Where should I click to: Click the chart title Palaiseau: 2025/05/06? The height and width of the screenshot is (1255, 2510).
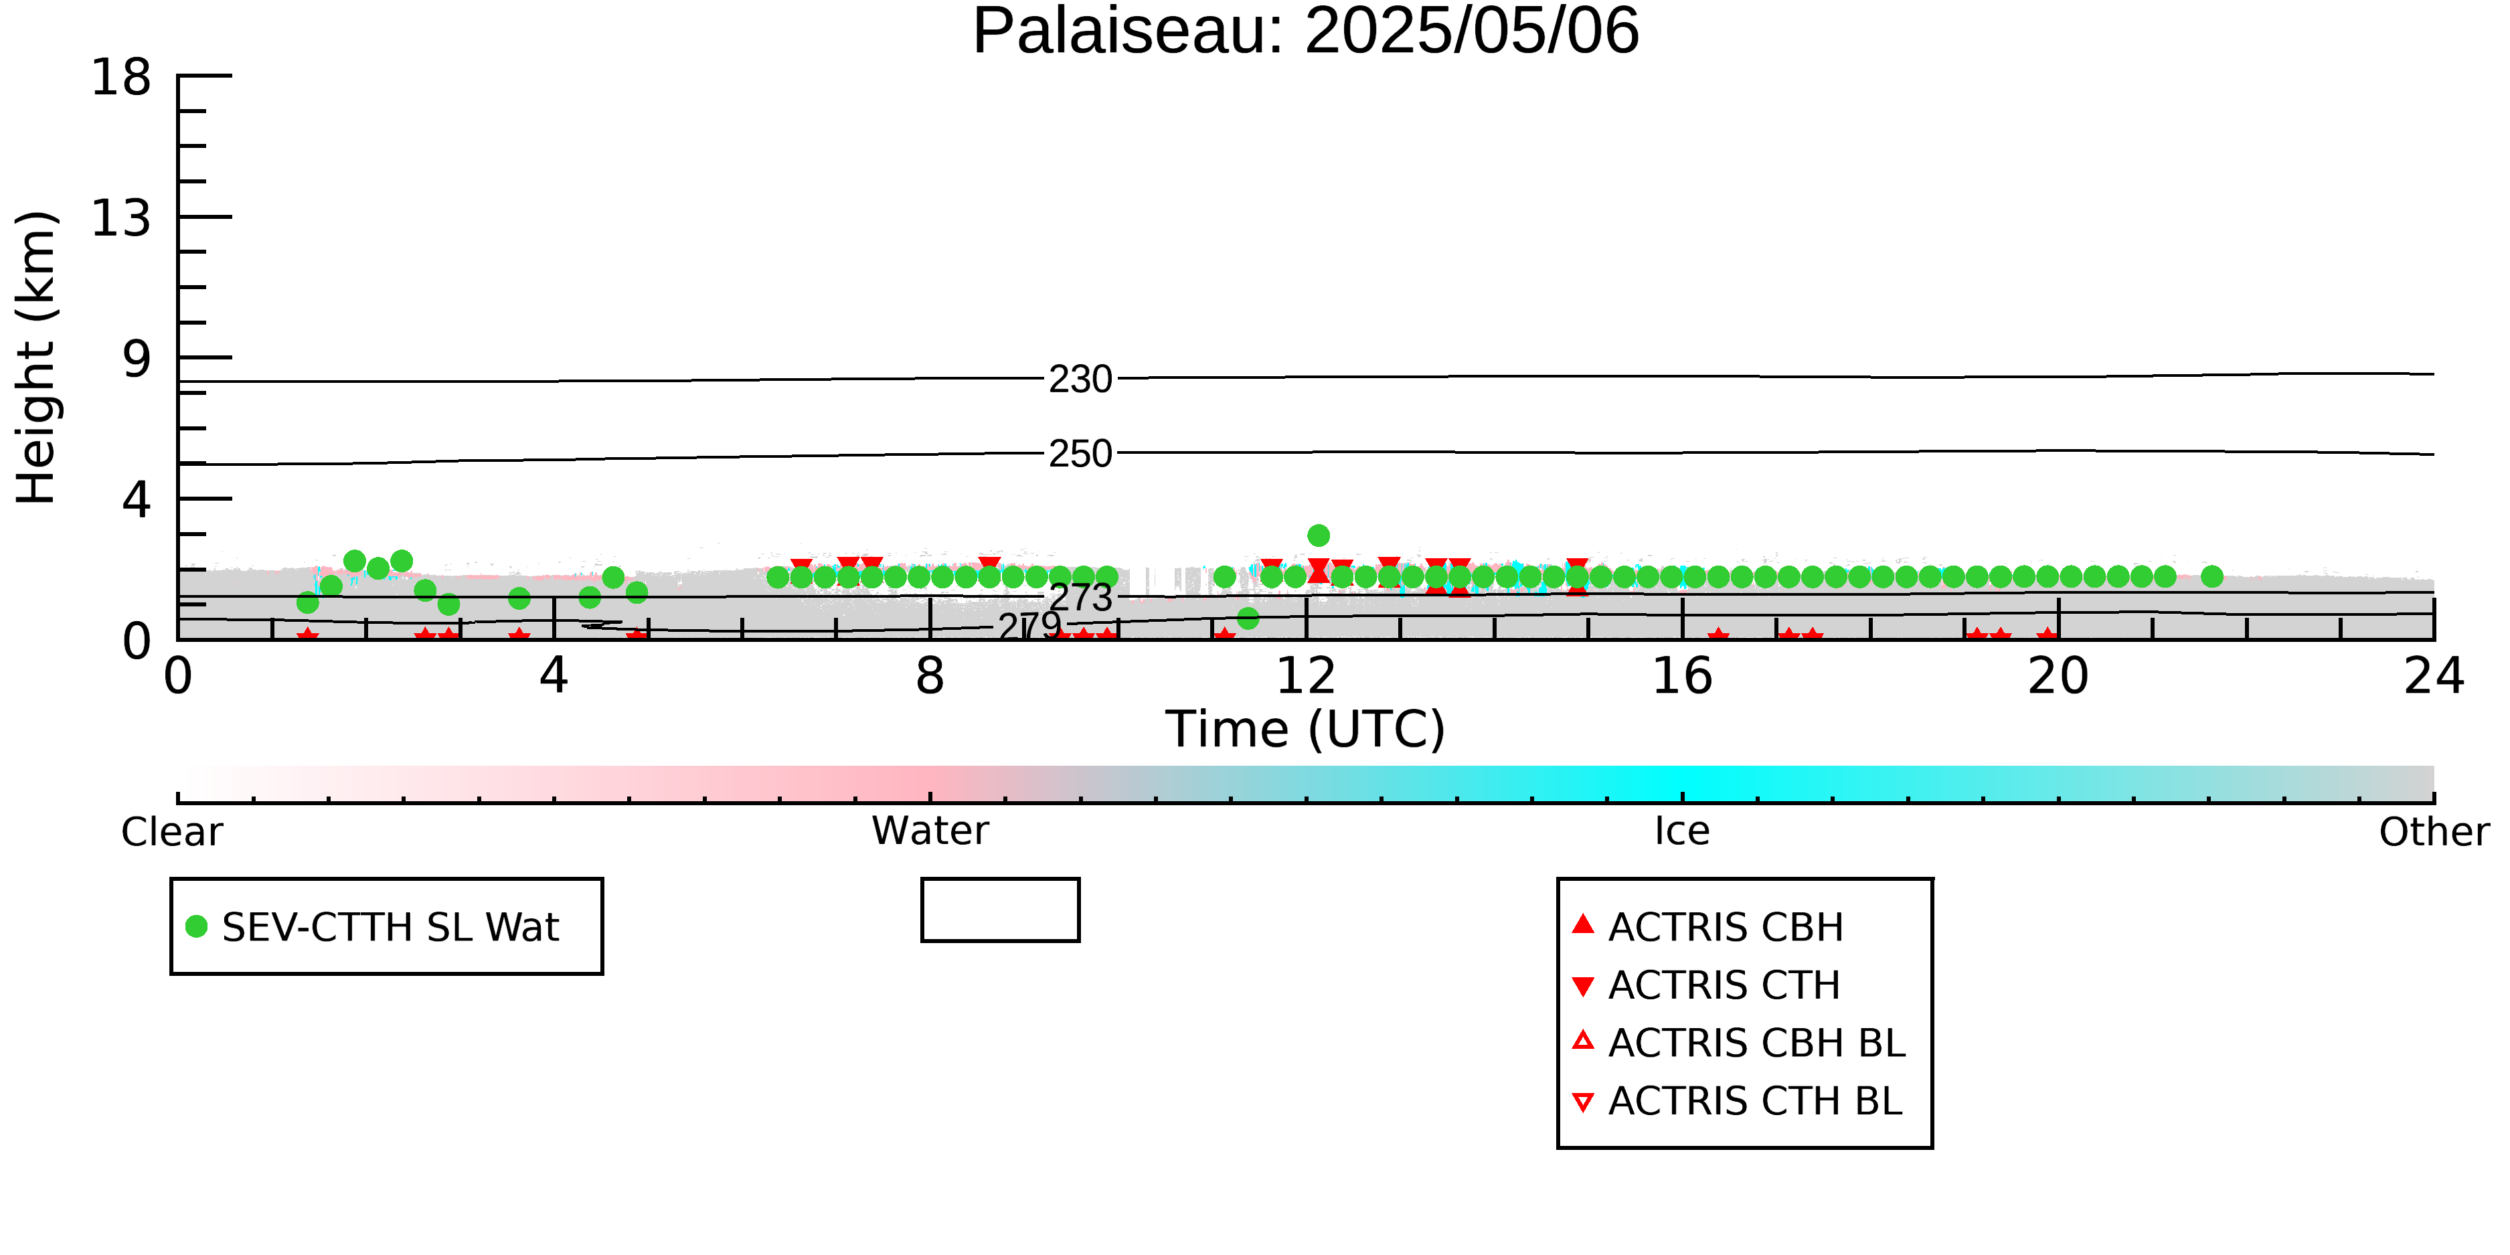click(x=1306, y=31)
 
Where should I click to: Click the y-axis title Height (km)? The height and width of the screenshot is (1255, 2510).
click(x=36, y=357)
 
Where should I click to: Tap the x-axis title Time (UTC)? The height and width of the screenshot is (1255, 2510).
click(x=1306, y=729)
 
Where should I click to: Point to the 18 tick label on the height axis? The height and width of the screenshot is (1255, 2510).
click(x=122, y=77)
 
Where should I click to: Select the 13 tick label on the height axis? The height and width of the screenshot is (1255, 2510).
click(x=122, y=218)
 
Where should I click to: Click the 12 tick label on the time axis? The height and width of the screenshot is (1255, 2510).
click(x=1306, y=676)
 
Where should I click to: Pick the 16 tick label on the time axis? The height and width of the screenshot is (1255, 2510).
click(x=1682, y=676)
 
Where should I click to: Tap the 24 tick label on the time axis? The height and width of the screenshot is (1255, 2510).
click(x=2434, y=676)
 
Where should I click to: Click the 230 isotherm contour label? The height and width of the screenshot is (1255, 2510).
click(x=1080, y=379)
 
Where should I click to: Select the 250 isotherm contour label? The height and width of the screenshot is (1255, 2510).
click(x=1080, y=454)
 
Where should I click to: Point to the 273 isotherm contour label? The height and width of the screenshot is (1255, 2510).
click(x=1080, y=597)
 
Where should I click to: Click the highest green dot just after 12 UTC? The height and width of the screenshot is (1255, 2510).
click(x=1319, y=535)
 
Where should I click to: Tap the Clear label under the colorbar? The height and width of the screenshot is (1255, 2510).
click(x=171, y=832)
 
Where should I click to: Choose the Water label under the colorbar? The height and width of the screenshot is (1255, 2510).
click(x=930, y=831)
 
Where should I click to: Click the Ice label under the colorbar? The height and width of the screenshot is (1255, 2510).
click(x=1682, y=831)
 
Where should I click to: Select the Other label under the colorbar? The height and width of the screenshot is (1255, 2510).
click(x=2434, y=832)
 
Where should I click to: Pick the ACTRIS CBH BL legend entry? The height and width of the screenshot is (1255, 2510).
click(x=1740, y=1043)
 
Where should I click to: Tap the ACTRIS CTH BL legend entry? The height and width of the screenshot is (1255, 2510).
click(x=1738, y=1101)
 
